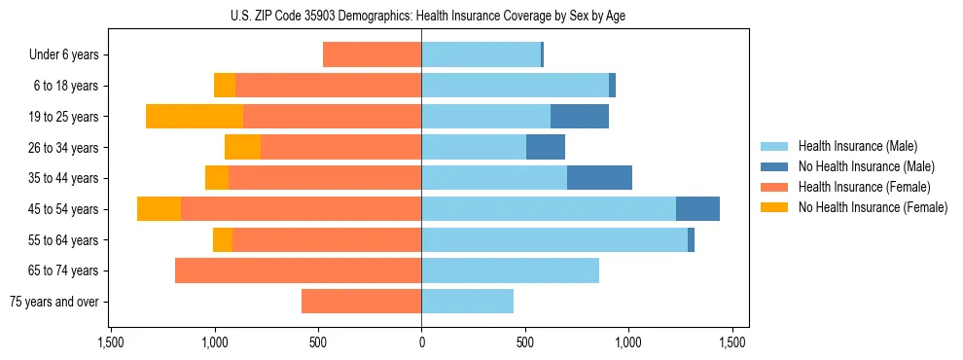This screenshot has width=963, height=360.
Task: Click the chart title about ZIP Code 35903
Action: (421, 16)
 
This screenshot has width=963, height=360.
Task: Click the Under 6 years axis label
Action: (69, 55)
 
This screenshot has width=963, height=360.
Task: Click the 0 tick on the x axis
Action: (421, 342)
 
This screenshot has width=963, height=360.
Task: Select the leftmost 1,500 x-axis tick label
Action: (111, 342)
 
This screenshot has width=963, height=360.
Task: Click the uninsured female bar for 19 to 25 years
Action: (195, 117)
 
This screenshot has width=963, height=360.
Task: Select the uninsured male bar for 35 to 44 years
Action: (599, 178)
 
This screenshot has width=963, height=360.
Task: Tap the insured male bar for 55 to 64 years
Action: (554, 240)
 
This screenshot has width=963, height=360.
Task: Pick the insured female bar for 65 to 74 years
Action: (298, 270)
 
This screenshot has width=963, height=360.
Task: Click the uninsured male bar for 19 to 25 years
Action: (580, 117)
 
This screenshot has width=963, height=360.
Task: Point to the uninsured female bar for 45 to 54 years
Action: (159, 209)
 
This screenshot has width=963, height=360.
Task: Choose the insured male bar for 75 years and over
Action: (467, 302)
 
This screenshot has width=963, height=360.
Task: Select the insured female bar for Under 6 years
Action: (372, 55)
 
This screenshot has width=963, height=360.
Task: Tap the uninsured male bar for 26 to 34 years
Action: (546, 148)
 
